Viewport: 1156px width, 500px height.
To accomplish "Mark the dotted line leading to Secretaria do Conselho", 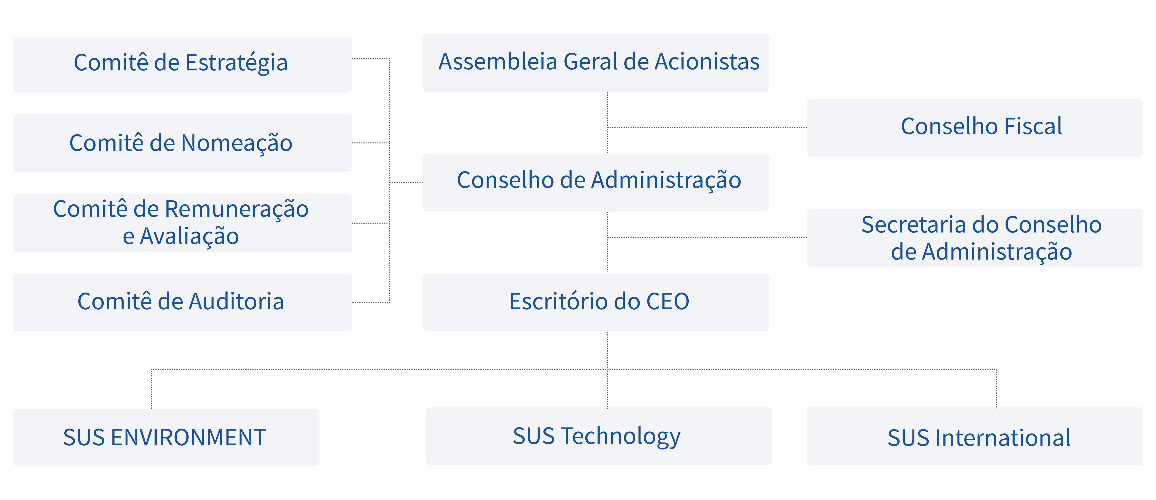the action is (x=707, y=238).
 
